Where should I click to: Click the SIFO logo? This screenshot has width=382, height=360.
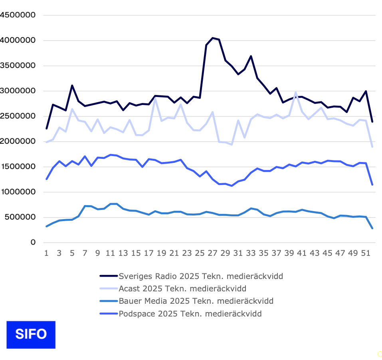[31, 334]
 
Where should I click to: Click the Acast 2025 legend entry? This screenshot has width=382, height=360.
[182, 288]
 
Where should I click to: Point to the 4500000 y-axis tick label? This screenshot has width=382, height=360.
[18, 15]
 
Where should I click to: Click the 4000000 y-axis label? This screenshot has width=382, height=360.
[18, 40]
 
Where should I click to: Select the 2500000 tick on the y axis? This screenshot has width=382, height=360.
[18, 116]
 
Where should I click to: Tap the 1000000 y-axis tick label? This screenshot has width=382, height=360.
[18, 192]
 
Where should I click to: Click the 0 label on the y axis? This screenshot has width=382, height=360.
[33, 242]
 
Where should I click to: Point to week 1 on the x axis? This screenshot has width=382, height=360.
[46, 253]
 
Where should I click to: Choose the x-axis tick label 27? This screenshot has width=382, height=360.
[212, 253]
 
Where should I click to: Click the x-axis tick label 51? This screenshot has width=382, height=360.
[366, 253]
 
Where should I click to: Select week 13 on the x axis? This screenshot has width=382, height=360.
[123, 253]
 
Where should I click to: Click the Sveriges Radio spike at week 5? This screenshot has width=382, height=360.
[72, 85]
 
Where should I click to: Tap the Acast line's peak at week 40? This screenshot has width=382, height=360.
[296, 93]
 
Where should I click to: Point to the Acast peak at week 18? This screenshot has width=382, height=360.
[155, 99]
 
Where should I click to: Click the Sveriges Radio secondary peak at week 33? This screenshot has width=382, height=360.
[251, 56]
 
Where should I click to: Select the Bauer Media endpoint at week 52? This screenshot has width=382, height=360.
[372, 228]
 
